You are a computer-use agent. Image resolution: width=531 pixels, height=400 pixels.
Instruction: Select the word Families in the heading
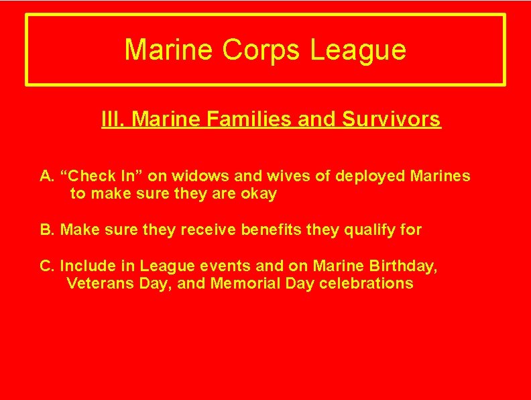[222, 119]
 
